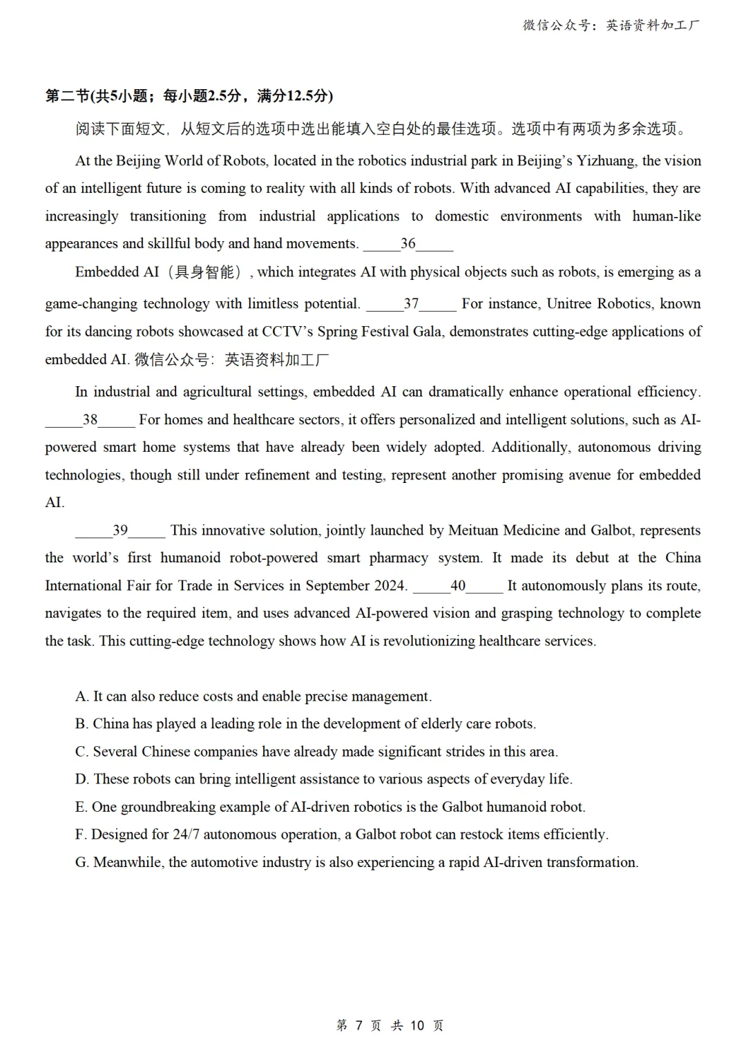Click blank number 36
tap(408, 243)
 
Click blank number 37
tap(411, 303)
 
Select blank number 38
tap(90, 419)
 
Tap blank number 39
tap(120, 530)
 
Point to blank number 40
tap(458, 585)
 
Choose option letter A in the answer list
tap(82, 696)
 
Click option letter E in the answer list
tap(81, 807)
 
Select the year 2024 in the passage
tap(390, 585)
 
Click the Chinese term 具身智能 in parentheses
tap(204, 272)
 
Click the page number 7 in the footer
tap(358, 1025)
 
